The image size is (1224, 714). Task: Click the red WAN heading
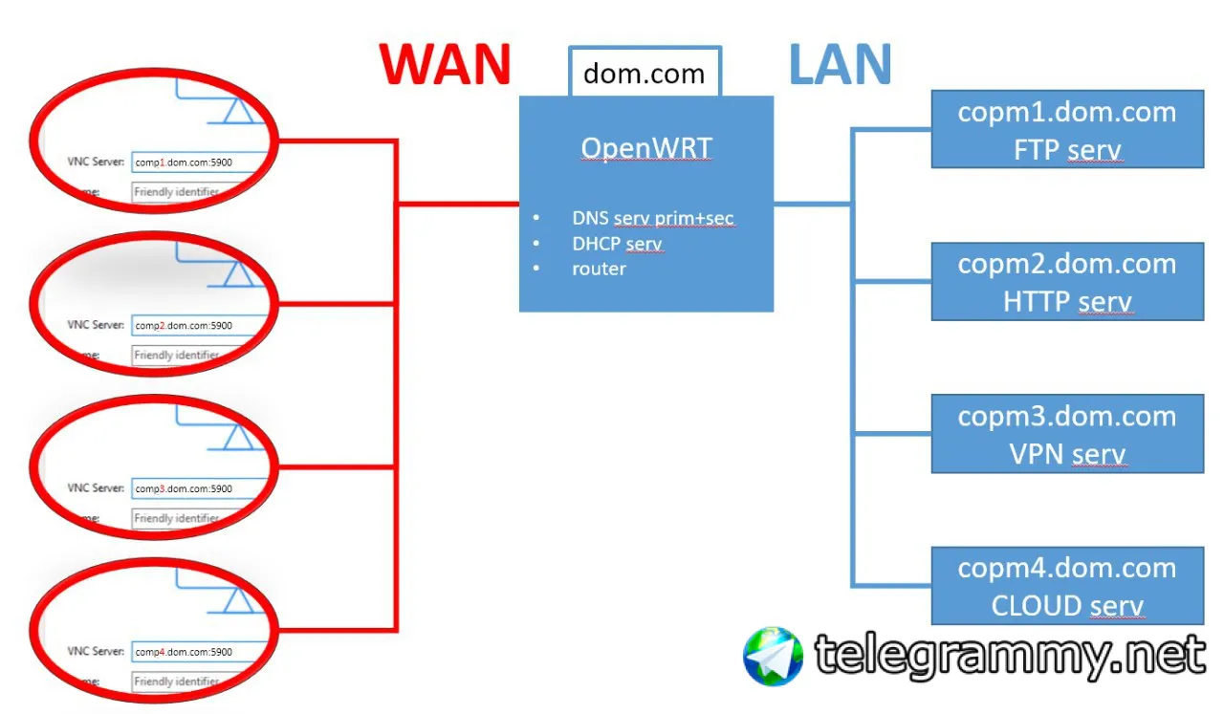445,64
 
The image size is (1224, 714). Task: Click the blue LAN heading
840,64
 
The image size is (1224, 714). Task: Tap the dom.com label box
644,74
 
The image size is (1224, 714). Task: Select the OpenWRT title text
646,148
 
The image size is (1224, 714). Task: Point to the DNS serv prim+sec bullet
652,218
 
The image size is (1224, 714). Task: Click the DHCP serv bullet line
617,244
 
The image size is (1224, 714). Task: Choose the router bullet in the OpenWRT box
599,269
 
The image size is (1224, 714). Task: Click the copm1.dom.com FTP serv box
1067,130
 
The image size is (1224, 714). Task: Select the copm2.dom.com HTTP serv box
1067,282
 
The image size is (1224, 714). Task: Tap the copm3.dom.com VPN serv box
1067,434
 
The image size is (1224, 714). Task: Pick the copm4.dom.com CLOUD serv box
1067,586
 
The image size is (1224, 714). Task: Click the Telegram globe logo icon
773,656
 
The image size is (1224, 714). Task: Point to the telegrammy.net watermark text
1010,655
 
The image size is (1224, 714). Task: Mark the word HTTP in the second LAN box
1036,302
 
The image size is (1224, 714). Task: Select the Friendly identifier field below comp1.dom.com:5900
186,192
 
